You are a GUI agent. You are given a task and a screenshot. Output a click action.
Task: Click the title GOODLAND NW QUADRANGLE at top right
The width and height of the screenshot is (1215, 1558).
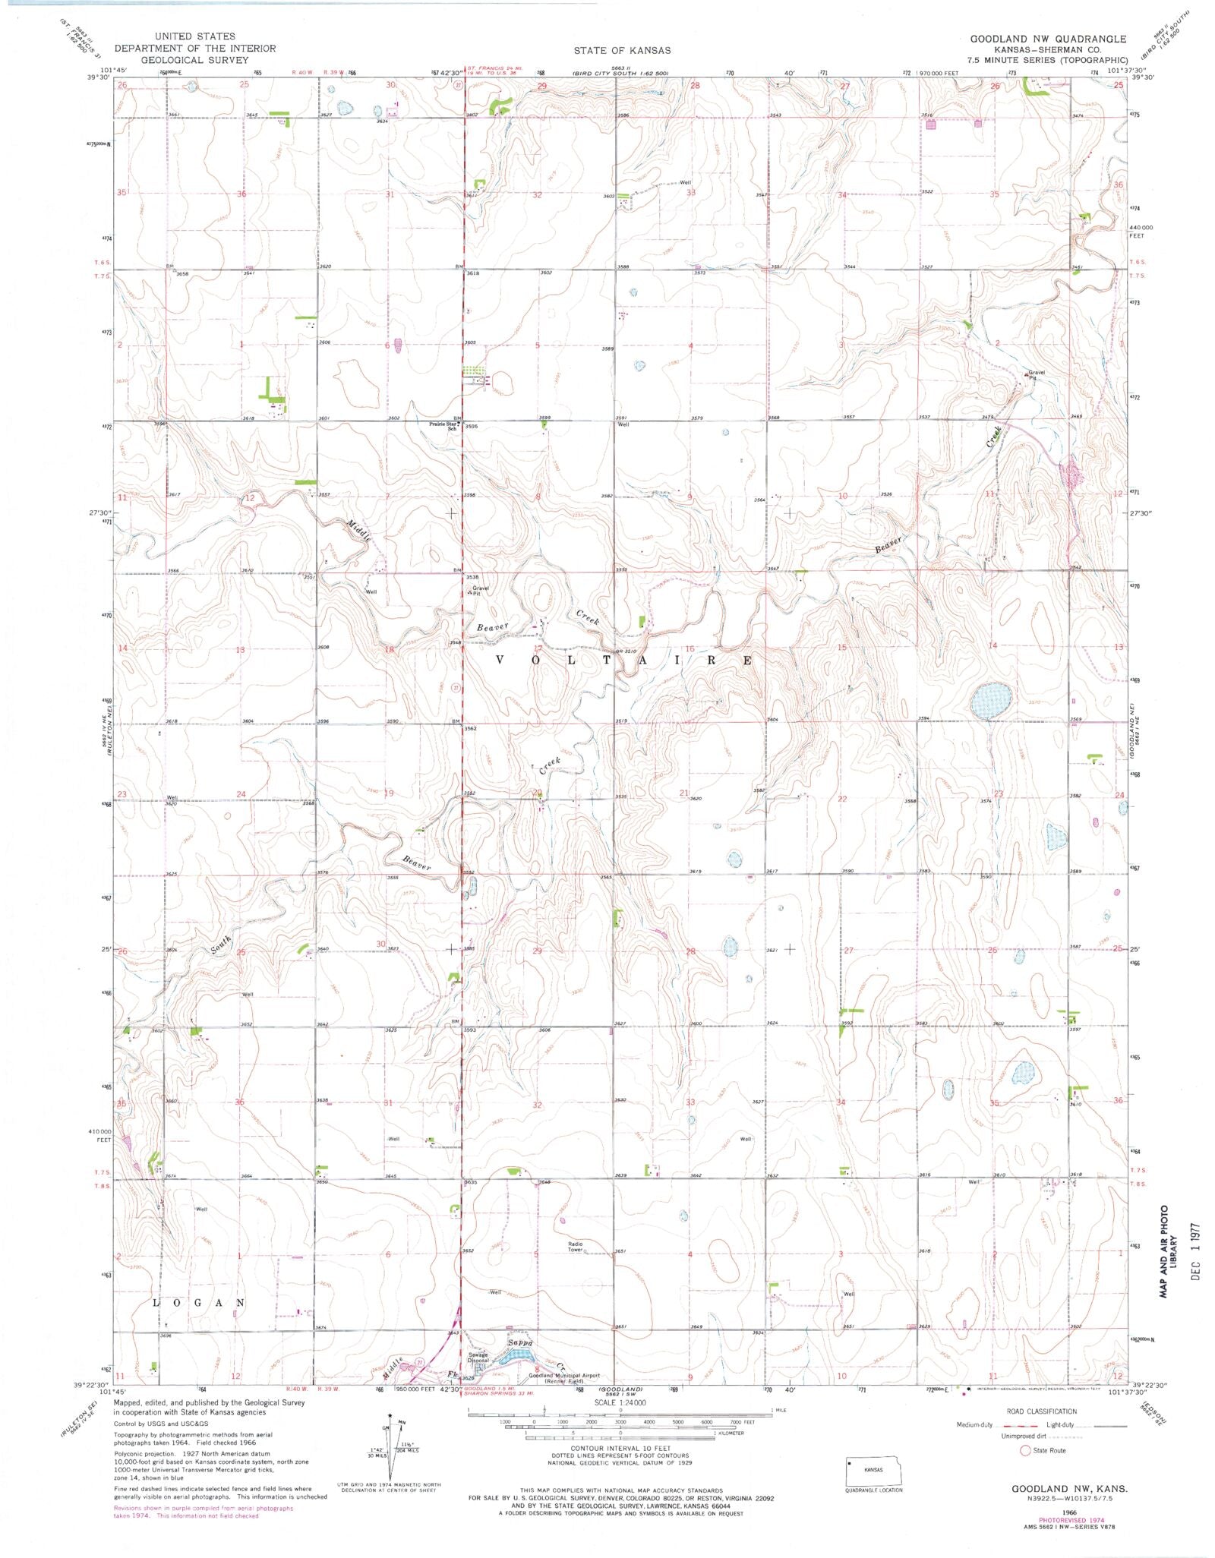coord(1048,39)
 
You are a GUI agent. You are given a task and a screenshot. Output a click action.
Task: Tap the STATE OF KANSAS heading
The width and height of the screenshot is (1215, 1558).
coord(622,50)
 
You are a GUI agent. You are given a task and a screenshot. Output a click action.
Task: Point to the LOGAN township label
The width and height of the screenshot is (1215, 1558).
coord(200,1303)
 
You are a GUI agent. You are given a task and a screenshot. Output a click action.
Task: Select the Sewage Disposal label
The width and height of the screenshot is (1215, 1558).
coord(478,1358)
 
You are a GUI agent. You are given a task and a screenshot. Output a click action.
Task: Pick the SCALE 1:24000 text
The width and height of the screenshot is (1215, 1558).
coord(620,1402)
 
